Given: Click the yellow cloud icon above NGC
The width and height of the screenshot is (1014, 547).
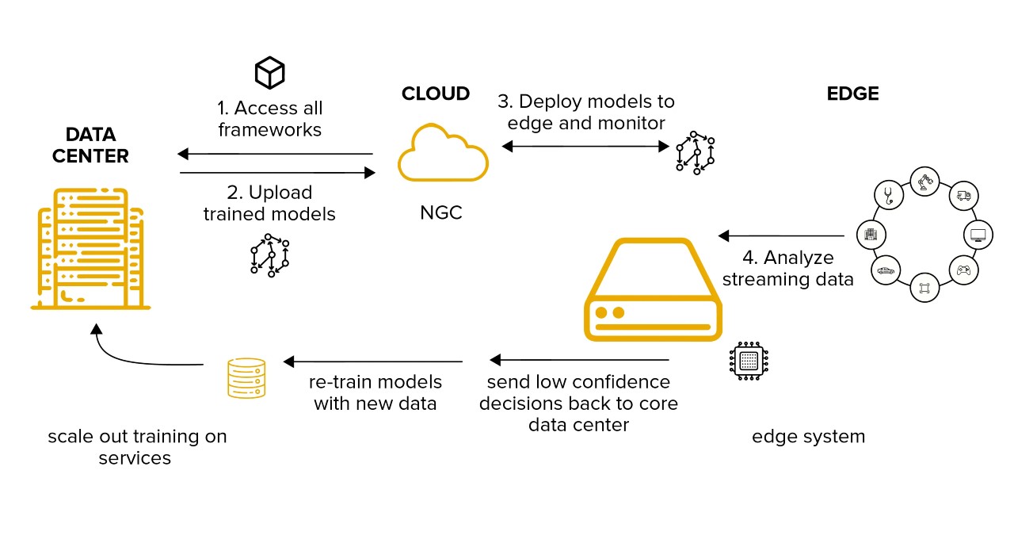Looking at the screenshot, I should tap(443, 153).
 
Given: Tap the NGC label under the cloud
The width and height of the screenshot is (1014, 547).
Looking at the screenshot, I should tap(441, 212).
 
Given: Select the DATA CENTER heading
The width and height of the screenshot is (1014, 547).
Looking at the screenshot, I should tap(90, 145).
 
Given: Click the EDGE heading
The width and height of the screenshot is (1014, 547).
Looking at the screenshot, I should tap(852, 94).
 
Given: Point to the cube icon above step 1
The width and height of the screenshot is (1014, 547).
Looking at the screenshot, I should tap(269, 73).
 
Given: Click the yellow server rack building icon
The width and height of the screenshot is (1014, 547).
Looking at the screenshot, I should tap(91, 247).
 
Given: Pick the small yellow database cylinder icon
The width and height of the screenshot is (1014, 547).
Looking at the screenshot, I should tap(246, 377).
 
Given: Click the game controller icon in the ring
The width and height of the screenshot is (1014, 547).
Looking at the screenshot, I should tap(963, 270).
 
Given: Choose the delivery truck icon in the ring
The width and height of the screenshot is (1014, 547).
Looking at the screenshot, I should tap(963, 195).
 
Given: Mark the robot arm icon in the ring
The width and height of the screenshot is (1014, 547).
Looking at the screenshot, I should tap(925, 182).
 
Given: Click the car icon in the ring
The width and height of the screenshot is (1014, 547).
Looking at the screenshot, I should tap(886, 270).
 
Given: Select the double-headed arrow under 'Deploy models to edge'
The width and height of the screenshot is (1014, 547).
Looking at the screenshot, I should tap(585, 146).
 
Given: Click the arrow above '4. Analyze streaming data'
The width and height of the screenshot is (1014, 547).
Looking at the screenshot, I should tap(781, 235).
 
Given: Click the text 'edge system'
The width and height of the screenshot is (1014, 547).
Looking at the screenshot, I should tap(808, 436).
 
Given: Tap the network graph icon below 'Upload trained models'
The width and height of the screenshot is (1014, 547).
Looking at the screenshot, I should tap(269, 254).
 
